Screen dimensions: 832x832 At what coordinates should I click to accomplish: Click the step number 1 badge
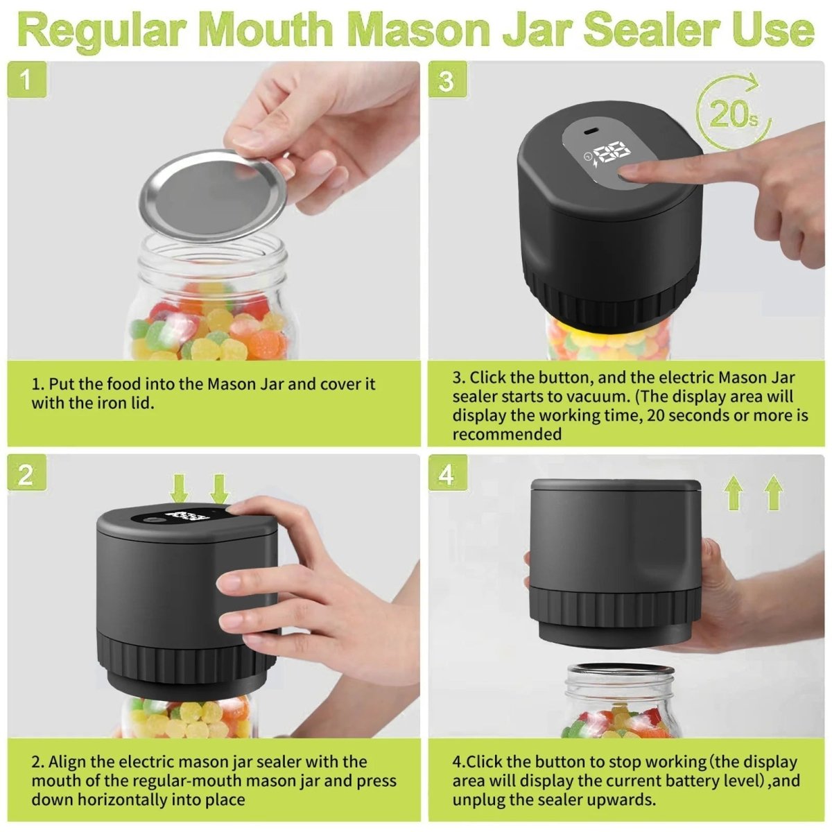click(x=26, y=80)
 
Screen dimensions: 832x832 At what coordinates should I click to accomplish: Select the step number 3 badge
click(x=447, y=80)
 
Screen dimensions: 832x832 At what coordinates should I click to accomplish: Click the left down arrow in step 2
click(x=180, y=488)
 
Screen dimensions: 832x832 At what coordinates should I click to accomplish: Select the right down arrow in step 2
click(x=219, y=488)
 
